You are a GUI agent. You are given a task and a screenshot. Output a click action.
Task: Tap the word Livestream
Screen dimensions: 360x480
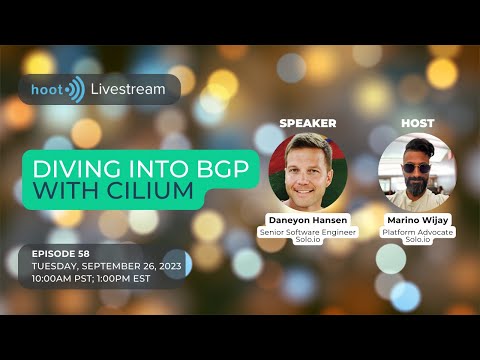pos(128,90)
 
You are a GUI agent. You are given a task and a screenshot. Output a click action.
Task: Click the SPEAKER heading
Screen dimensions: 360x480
pos(308,123)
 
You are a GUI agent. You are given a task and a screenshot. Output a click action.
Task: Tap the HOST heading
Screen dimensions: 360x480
pos(417,123)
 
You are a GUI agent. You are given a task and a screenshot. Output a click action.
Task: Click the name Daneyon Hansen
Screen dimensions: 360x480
pos(308,220)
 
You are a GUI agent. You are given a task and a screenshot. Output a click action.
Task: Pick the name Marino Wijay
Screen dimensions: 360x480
pos(417,220)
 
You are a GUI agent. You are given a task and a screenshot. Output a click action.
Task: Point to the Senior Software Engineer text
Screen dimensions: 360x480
pos(308,232)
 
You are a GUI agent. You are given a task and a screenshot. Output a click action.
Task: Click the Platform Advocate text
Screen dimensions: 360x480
pos(417,232)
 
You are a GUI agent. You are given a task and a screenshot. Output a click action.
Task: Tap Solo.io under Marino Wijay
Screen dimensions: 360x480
pos(417,242)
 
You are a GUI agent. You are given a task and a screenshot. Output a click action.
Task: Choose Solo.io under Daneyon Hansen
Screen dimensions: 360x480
pos(308,242)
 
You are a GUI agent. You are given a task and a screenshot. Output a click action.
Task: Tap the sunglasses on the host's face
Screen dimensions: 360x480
pos(417,167)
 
